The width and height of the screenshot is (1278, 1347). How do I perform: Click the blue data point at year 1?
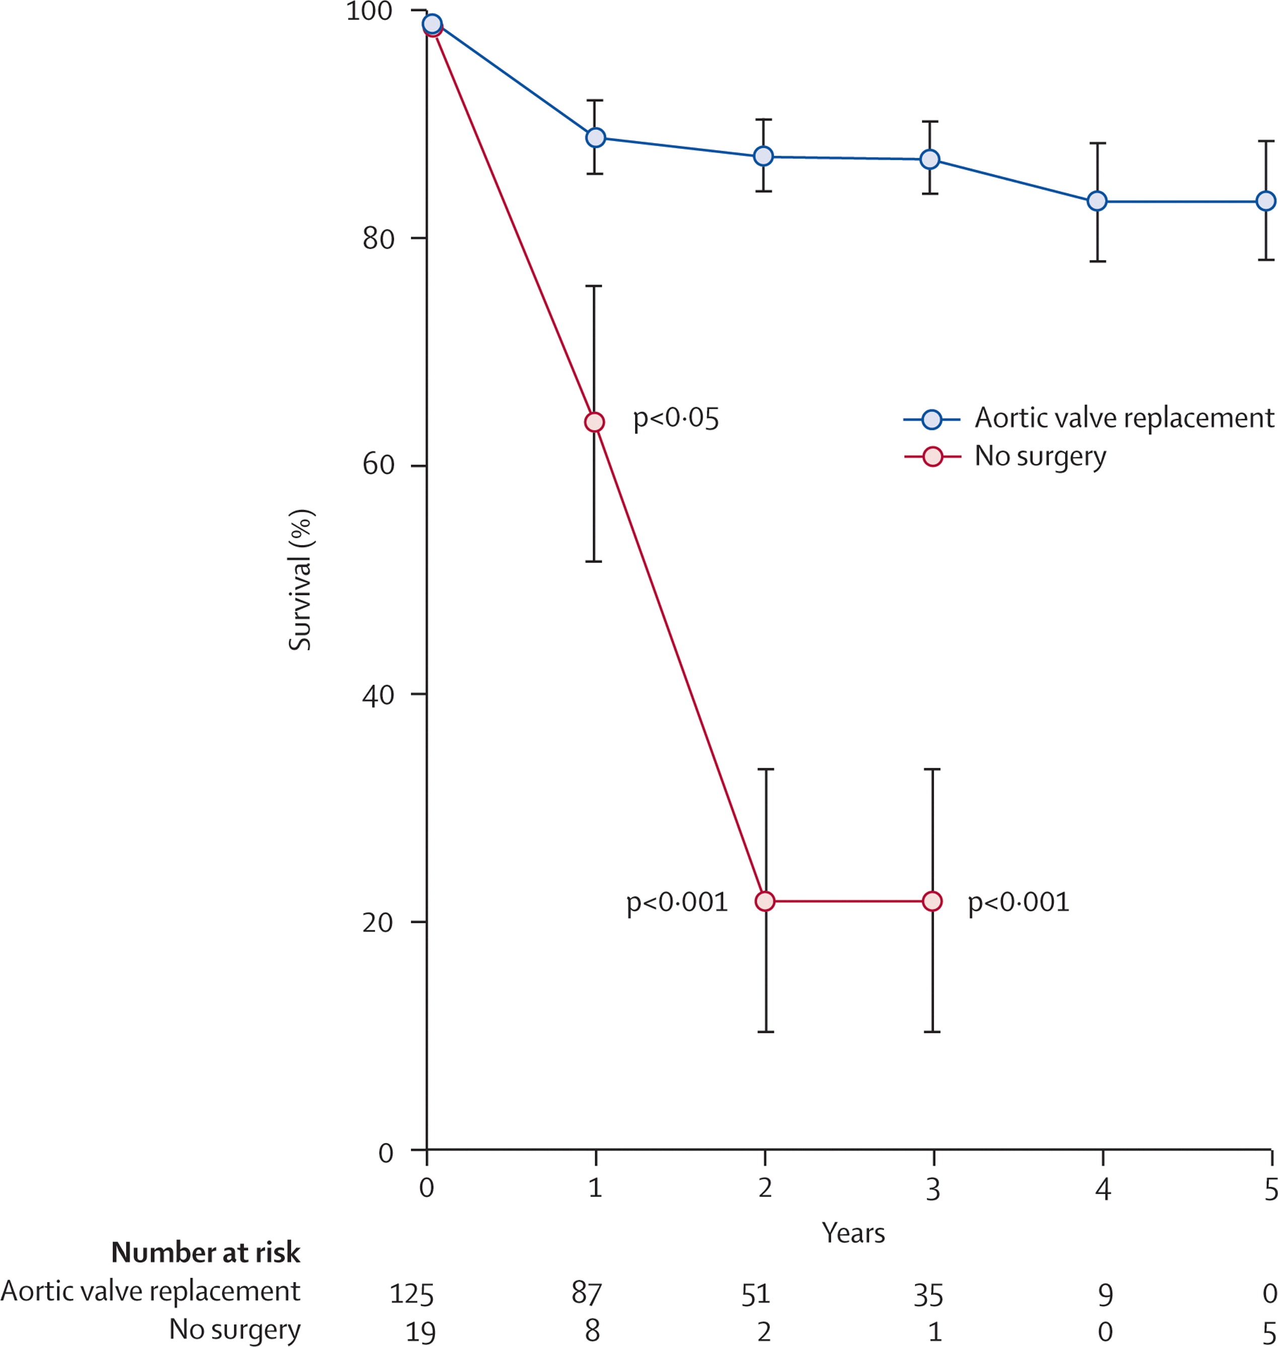click(x=595, y=138)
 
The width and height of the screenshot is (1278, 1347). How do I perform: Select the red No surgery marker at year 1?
click(x=595, y=423)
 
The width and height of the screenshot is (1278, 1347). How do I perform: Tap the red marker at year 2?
click(x=765, y=901)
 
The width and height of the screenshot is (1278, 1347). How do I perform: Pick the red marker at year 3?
click(x=932, y=901)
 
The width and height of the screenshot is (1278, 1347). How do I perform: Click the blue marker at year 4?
click(x=1097, y=201)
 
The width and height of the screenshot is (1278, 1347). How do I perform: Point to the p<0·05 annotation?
click(x=676, y=418)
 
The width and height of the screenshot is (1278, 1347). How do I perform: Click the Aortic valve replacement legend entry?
click(x=1123, y=418)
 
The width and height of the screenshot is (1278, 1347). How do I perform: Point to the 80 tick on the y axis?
click(x=378, y=238)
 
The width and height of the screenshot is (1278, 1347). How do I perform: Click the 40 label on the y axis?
click(x=378, y=695)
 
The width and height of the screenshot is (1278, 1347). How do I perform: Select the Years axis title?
click(x=853, y=1233)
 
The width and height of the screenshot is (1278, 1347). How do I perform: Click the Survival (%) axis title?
click(x=300, y=580)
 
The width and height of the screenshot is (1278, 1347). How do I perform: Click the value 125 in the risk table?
click(x=411, y=1294)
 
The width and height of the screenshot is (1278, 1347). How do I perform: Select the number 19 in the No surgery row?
click(x=420, y=1332)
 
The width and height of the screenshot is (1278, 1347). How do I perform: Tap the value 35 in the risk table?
click(x=929, y=1295)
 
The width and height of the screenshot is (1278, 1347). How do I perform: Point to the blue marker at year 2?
click(x=764, y=156)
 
